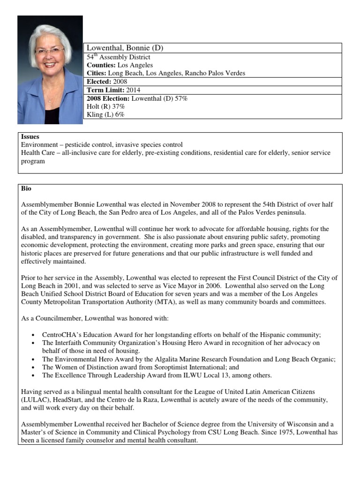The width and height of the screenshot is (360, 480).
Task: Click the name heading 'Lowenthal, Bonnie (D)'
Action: coord(125,48)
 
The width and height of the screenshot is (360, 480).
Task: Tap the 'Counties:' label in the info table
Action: coord(101,65)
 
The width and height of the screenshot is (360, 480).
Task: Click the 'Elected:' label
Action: coord(99,82)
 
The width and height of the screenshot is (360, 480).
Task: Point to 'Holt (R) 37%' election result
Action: coord(106,106)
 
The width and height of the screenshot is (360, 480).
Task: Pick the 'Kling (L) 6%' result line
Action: coord(105,114)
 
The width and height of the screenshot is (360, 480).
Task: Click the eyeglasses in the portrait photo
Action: coord(49,50)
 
